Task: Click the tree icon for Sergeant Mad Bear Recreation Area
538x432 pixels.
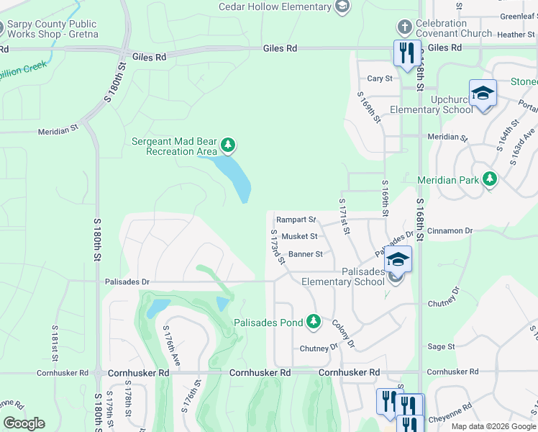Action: (228, 146)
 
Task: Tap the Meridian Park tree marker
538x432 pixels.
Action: (490, 178)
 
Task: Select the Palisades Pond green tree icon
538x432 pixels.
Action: (313, 322)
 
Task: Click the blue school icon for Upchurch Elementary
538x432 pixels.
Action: (483, 94)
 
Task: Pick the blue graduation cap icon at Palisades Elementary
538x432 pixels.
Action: (397, 259)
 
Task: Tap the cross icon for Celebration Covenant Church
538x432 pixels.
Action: (404, 28)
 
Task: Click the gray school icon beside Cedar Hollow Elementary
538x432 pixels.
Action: (342, 6)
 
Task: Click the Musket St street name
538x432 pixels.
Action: (299, 236)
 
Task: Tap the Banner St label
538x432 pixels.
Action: (306, 254)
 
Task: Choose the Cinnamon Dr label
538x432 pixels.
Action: (449, 230)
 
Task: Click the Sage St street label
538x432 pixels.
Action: (441, 346)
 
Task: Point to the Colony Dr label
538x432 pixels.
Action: (343, 333)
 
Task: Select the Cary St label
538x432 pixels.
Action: (380, 78)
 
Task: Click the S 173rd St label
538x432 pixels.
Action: (278, 247)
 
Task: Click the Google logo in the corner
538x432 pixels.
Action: (24, 423)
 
